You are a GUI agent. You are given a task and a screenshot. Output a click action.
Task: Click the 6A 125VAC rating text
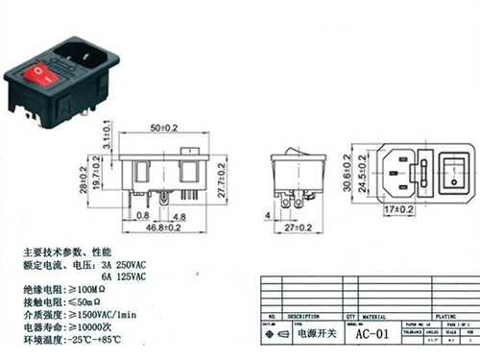tap(123, 276)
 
